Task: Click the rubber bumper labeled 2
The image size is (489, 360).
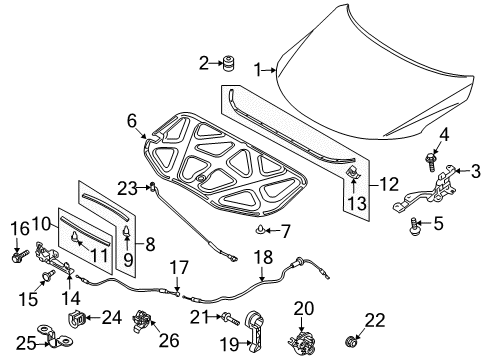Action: point(228,63)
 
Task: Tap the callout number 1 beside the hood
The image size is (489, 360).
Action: point(257,70)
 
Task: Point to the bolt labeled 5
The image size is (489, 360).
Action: point(414,227)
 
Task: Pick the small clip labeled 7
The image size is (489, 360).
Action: point(259,230)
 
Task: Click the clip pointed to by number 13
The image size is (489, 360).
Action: point(352,172)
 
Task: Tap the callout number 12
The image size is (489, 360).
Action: point(389,184)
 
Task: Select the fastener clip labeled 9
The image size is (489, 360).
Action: point(127,231)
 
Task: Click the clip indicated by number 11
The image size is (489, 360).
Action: point(75,237)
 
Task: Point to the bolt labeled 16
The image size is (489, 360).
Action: point(18,257)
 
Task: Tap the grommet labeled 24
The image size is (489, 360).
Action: point(77,318)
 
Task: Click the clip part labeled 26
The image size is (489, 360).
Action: point(142,321)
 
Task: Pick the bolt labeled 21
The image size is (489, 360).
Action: point(230,318)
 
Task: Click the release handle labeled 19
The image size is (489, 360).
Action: point(254,330)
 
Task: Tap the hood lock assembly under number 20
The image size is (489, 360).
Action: point(302,343)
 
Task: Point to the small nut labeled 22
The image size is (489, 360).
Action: point(350,342)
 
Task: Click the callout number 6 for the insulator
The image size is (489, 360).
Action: point(132,121)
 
